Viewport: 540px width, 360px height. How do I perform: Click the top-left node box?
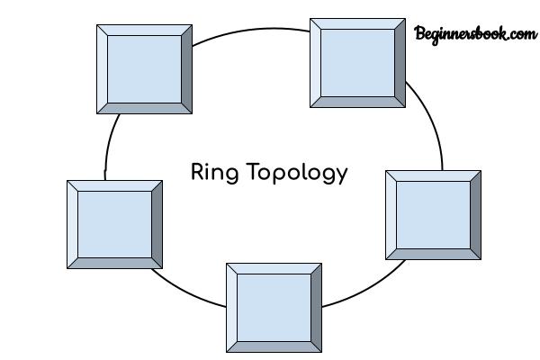[x=144, y=69]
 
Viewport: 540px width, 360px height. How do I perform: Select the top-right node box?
[x=357, y=63]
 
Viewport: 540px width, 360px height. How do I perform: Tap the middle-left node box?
[x=114, y=224]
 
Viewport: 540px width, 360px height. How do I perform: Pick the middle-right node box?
[x=433, y=215]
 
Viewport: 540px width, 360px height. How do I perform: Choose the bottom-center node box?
[x=274, y=308]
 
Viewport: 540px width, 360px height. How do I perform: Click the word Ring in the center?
[x=214, y=172]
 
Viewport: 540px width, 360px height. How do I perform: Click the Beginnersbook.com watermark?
[x=475, y=34]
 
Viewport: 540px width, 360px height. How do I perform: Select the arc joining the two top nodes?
[x=251, y=31]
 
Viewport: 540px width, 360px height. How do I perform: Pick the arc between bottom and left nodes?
[x=186, y=292]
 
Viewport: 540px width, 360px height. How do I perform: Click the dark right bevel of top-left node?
[x=186, y=69]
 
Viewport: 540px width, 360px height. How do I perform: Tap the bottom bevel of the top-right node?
[x=357, y=102]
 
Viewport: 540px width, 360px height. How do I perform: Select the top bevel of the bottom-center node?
[x=274, y=269]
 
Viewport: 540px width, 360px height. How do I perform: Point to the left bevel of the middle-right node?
[x=391, y=215]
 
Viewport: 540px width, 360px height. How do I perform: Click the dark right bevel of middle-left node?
[x=157, y=224]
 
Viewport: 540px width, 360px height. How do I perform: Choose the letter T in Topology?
[x=254, y=172]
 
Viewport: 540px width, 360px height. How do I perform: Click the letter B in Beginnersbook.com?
[x=420, y=33]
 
